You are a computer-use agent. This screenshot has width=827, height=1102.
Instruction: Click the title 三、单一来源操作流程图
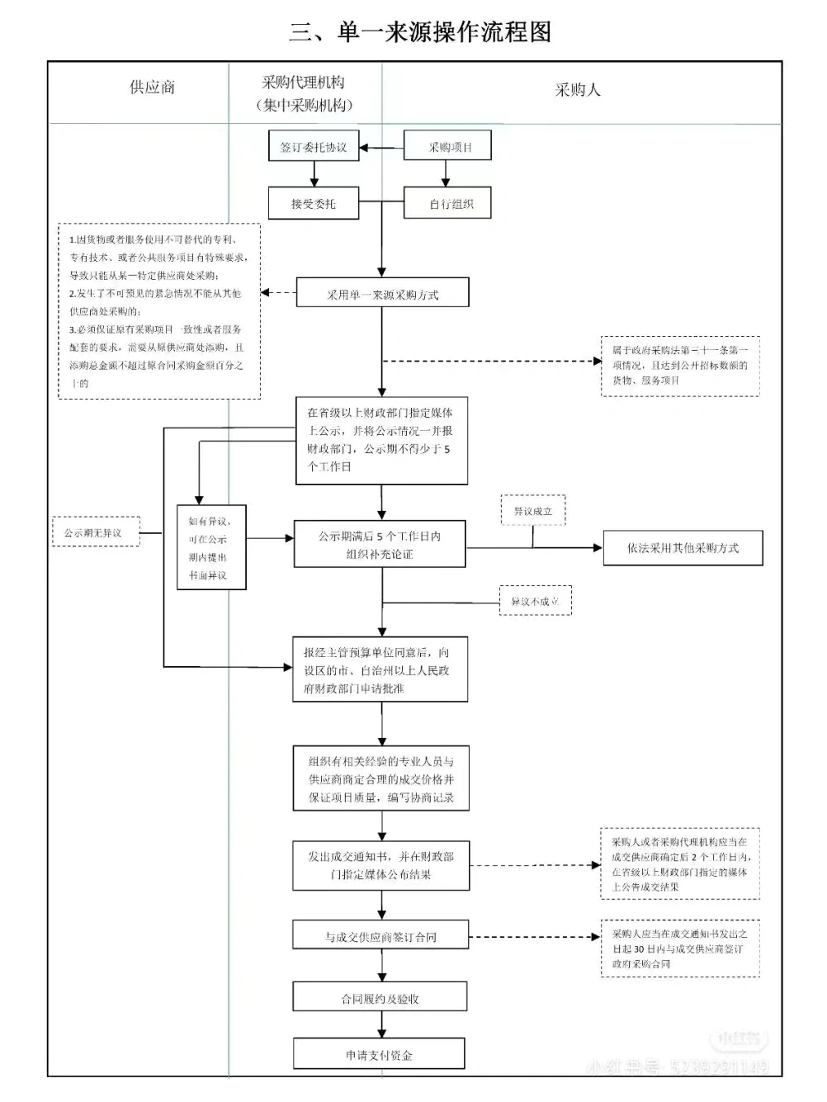[419, 32]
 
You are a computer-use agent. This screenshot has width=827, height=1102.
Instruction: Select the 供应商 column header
[152, 87]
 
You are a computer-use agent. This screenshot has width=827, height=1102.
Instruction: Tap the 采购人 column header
[577, 90]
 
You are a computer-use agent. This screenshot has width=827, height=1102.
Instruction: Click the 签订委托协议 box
[314, 148]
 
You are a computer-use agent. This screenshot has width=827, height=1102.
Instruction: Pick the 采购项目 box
[447, 147]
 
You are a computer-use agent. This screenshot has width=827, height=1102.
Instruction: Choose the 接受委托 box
[314, 203]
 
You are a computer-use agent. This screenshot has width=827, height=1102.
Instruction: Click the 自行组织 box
[447, 204]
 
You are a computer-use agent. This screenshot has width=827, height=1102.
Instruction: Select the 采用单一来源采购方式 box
[382, 294]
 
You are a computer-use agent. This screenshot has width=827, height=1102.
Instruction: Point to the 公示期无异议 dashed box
[93, 532]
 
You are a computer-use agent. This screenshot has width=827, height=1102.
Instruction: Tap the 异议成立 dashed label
[532, 511]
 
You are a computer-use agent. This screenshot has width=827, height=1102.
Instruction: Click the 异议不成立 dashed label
[535, 601]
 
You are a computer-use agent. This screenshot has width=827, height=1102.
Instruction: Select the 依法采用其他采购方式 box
[683, 548]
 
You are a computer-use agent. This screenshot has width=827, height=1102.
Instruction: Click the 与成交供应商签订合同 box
[380, 937]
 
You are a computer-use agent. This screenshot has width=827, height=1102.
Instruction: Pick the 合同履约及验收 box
[380, 998]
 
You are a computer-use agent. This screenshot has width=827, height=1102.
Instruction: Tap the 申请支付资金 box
[379, 1055]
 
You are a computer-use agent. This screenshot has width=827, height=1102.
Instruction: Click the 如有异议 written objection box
[211, 547]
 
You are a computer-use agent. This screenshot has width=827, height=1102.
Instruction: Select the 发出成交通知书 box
[380, 865]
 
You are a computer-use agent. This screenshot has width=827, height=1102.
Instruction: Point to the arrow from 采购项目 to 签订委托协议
[381, 148]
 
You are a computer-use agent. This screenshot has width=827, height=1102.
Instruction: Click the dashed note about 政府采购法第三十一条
[679, 365]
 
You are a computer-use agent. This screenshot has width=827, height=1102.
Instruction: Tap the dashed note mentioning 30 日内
[679, 948]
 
